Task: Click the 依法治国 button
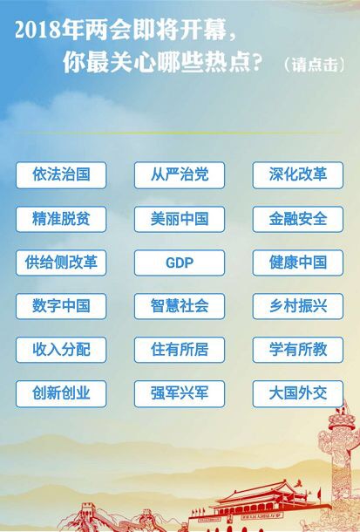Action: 61,175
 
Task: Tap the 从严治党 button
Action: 180,175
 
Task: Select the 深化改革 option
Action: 297,175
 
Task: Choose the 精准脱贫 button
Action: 61,219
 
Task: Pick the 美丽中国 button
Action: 180,219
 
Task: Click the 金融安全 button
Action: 297,219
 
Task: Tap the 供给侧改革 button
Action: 61,263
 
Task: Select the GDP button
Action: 180,263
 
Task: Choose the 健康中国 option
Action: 297,263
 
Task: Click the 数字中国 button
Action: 61,306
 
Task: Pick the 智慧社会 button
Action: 180,306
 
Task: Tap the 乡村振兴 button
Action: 297,306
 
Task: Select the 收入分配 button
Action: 61,350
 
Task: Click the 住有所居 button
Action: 180,350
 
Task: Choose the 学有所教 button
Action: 297,350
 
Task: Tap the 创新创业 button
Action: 61,393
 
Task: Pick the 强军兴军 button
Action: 180,393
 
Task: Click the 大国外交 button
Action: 297,393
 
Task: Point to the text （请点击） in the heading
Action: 314,65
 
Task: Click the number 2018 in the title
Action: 37,31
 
